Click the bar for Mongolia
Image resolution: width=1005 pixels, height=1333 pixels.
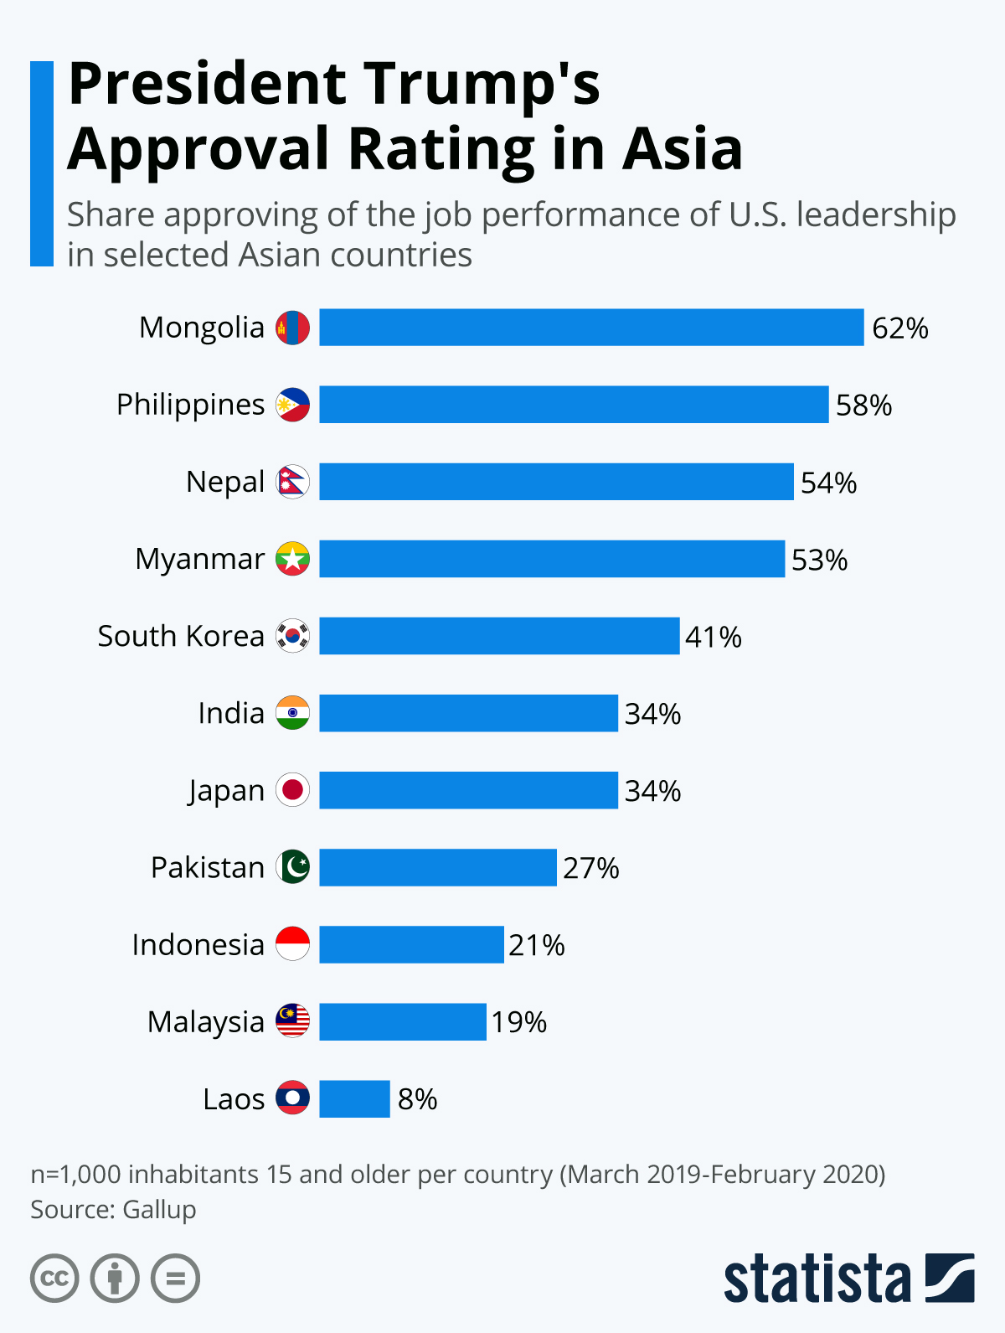[591, 328]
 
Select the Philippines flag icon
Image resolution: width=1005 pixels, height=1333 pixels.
[293, 405]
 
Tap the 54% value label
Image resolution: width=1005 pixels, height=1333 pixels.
[828, 483]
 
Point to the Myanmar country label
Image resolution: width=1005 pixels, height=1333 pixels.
[200, 559]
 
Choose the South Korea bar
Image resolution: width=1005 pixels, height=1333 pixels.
[499, 636]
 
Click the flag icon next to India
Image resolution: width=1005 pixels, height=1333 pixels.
[293, 713]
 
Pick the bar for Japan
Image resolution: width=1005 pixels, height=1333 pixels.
[468, 790]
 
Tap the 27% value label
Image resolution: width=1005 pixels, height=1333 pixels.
[590, 868]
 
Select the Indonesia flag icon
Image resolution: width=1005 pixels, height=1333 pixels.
[293, 944]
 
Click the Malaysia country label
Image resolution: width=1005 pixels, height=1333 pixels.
[206, 1022]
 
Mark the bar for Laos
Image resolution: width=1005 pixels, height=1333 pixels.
[354, 1099]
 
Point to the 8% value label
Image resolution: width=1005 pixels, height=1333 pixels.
[417, 1099]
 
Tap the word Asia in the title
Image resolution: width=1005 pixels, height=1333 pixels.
[683, 149]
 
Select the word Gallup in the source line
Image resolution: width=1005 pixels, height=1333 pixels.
[159, 1210]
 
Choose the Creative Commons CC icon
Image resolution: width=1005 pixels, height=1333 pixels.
[54, 1279]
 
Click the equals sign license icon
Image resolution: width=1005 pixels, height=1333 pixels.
[175, 1279]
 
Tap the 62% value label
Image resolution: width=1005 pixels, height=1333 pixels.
[899, 328]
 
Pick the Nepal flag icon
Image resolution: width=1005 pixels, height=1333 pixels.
[293, 482]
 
